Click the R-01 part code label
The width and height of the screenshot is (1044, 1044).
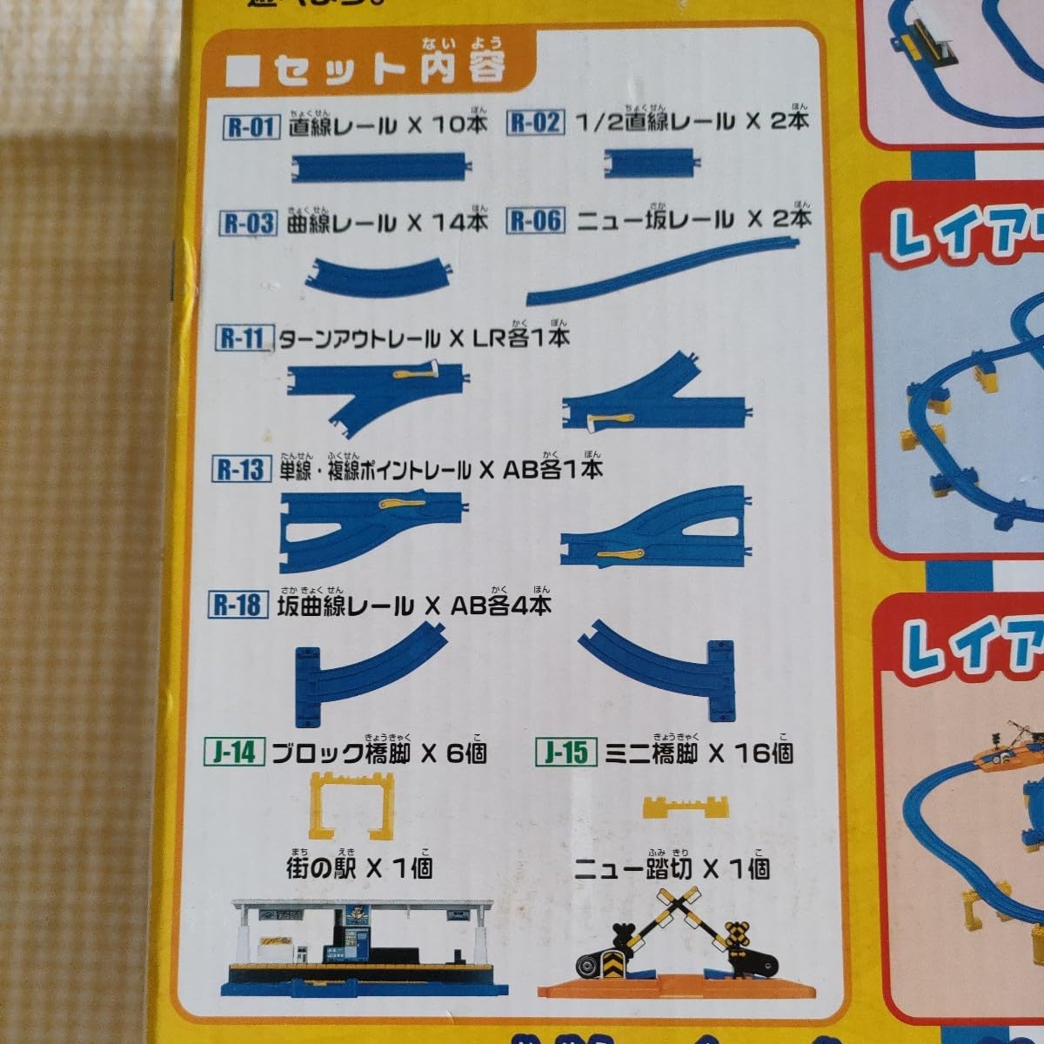tap(251, 128)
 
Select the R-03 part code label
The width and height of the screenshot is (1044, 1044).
tap(249, 223)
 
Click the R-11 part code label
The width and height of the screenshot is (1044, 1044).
tap(242, 338)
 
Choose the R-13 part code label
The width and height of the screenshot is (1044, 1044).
tap(240, 471)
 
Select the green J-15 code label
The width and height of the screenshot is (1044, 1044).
tap(566, 753)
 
